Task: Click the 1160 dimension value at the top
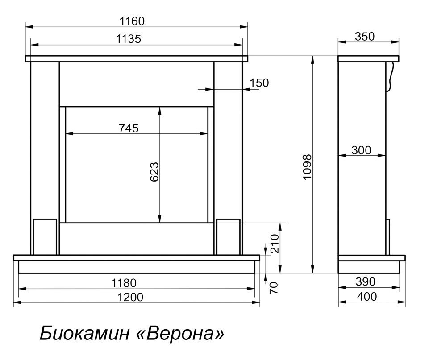coord(132,21)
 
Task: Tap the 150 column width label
coord(259,83)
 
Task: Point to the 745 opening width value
coord(129,128)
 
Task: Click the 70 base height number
coord(274,286)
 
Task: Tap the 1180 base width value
coord(124,283)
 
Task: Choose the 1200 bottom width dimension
coord(131,297)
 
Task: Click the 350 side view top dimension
coord(365,37)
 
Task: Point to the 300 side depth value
coord(361,151)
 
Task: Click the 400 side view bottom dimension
coord(367,297)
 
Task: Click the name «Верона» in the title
coord(185,333)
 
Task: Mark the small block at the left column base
coord(45,236)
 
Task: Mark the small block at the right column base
coord(228,236)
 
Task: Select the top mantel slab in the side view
coord(368,58)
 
